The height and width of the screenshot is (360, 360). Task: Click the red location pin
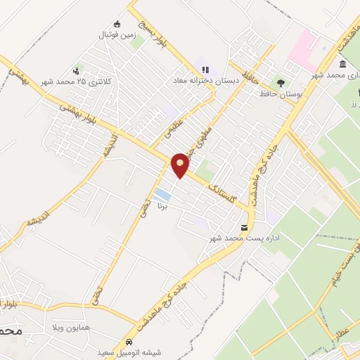coord(181,165)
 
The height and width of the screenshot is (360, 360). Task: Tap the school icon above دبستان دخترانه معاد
coord(205,70)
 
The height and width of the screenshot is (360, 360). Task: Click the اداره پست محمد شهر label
coord(245,239)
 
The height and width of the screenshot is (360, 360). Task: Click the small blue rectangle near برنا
coord(162,193)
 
